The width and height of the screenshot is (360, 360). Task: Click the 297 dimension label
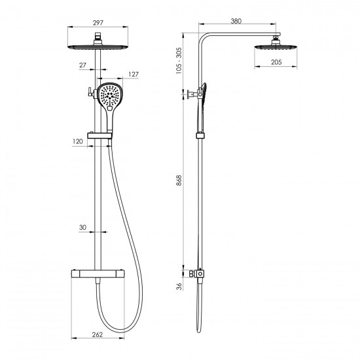98,23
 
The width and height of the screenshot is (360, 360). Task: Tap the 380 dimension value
236,21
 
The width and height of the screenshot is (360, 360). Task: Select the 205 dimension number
276,62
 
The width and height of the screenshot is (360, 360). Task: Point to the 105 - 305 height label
179,61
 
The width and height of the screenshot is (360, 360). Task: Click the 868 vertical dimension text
179,180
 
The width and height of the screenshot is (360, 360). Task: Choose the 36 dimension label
179,286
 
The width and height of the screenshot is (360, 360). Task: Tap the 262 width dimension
98,334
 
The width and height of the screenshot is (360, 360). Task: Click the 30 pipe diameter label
82,227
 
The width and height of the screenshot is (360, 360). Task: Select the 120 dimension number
78,141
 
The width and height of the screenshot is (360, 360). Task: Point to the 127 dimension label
134,74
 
